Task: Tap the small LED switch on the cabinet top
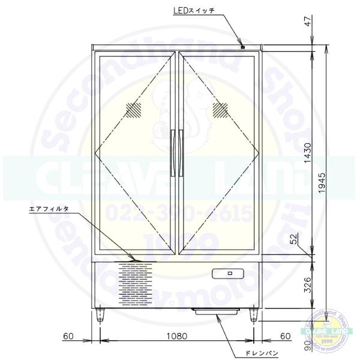(x=242, y=46)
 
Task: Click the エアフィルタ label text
(x=49, y=209)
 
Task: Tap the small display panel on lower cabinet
(x=229, y=274)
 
